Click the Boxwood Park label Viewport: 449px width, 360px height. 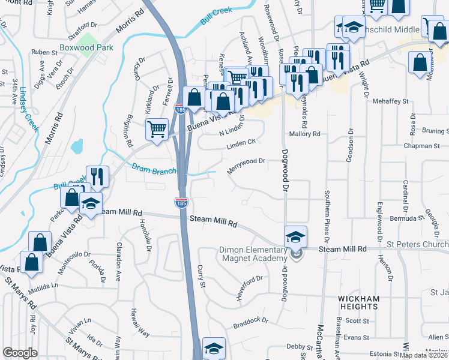pos(87,47)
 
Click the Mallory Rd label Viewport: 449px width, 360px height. pos(305,134)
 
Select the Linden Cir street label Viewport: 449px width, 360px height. pos(241,145)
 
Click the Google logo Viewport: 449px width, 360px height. pos(20,352)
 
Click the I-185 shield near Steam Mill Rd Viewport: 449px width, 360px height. pos(181,203)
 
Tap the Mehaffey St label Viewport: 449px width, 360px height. pos(389,102)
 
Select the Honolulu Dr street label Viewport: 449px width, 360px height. pos(145,232)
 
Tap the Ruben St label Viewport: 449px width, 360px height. pos(44,52)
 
